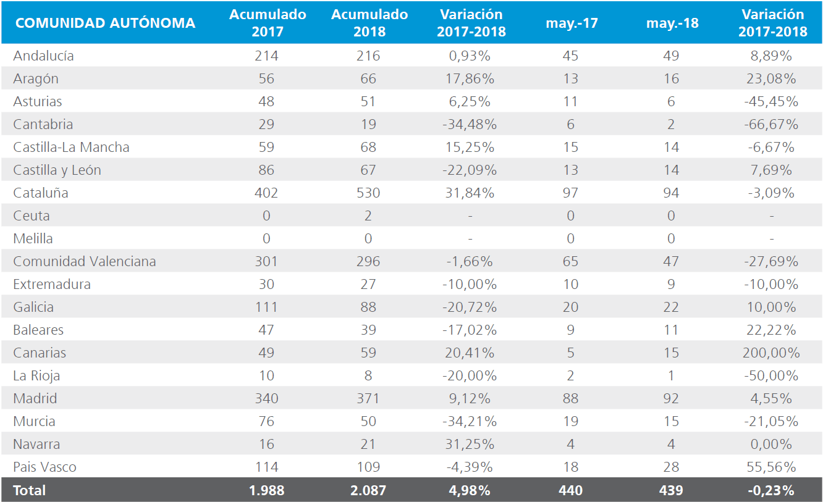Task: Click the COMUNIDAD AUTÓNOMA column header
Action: coord(105,23)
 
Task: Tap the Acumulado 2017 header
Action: coord(268,23)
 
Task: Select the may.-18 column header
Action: coord(672,23)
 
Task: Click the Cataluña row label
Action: coord(41,193)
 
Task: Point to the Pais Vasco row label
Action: coord(44,467)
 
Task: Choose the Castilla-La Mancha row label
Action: coord(71,147)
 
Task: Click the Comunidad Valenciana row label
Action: coord(85,261)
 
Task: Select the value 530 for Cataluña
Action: coord(368,193)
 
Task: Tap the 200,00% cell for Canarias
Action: coord(771,353)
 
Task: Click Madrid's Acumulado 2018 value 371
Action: coord(368,398)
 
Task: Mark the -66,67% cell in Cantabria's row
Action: coord(771,125)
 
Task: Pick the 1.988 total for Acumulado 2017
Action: coord(267,490)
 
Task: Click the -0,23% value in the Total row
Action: coord(771,490)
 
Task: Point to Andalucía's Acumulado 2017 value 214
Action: coord(267,56)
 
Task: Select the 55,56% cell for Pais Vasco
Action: coord(771,467)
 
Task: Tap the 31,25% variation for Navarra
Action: coord(470,445)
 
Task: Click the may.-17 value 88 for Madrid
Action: coord(570,398)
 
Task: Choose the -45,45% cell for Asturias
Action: coord(771,102)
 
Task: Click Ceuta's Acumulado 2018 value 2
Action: coord(368,216)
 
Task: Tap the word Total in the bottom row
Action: coord(30,490)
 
